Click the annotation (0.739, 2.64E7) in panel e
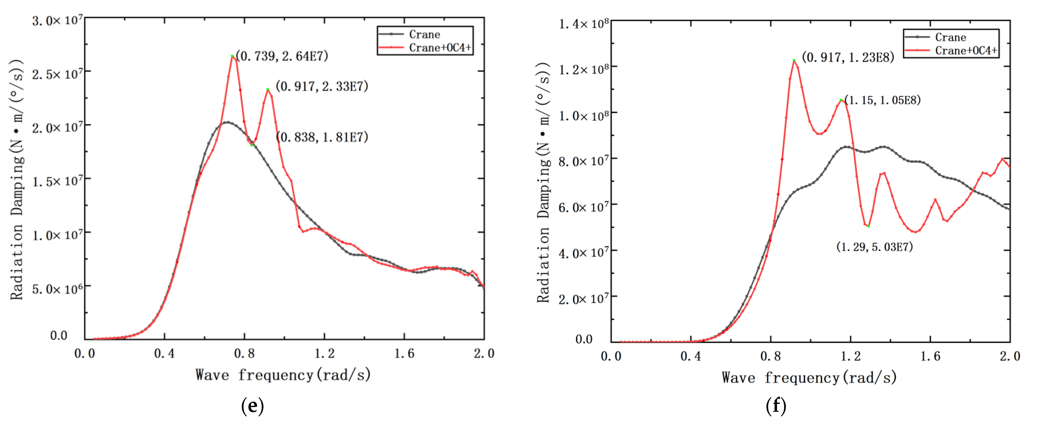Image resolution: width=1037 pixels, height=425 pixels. coord(282,56)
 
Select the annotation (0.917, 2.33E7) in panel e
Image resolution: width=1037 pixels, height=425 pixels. coord(322,86)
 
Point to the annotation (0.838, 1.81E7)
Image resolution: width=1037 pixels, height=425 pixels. coord(322,137)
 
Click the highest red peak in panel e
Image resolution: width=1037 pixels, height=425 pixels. coord(232,56)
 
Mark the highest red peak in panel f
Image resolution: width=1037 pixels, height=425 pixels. coord(794,61)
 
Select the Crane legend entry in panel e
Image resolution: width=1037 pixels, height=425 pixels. coord(424,34)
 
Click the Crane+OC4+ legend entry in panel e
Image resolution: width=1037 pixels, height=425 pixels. coord(440,47)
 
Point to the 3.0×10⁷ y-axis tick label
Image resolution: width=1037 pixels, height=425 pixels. coord(58,20)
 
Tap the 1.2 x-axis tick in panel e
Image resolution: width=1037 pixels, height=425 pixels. coord(324,354)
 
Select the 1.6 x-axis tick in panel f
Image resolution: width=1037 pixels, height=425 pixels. coord(930,356)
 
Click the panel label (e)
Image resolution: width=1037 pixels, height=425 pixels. coord(252,406)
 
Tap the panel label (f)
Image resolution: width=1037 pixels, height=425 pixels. coord(776,406)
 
